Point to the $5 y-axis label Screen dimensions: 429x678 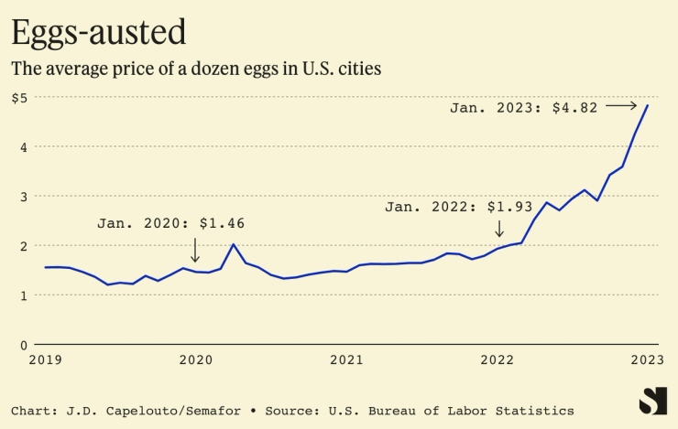pos(19,98)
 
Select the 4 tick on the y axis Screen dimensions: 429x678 pos(22,147)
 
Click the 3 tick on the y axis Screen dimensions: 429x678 pos(22,197)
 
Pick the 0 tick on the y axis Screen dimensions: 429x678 pos(22,345)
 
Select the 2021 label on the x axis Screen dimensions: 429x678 pos(346,360)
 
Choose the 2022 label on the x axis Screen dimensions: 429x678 pos(498,360)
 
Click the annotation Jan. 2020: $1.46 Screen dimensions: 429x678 pos(171,223)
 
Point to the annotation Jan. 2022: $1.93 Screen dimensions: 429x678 pos(458,208)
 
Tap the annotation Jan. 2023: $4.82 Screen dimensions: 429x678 pos(523,107)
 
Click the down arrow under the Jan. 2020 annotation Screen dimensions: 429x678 pos(194,248)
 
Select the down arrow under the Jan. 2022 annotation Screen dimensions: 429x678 pos(498,229)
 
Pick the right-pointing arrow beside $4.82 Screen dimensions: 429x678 pos(621,106)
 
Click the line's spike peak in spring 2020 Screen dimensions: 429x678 pos(234,244)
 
